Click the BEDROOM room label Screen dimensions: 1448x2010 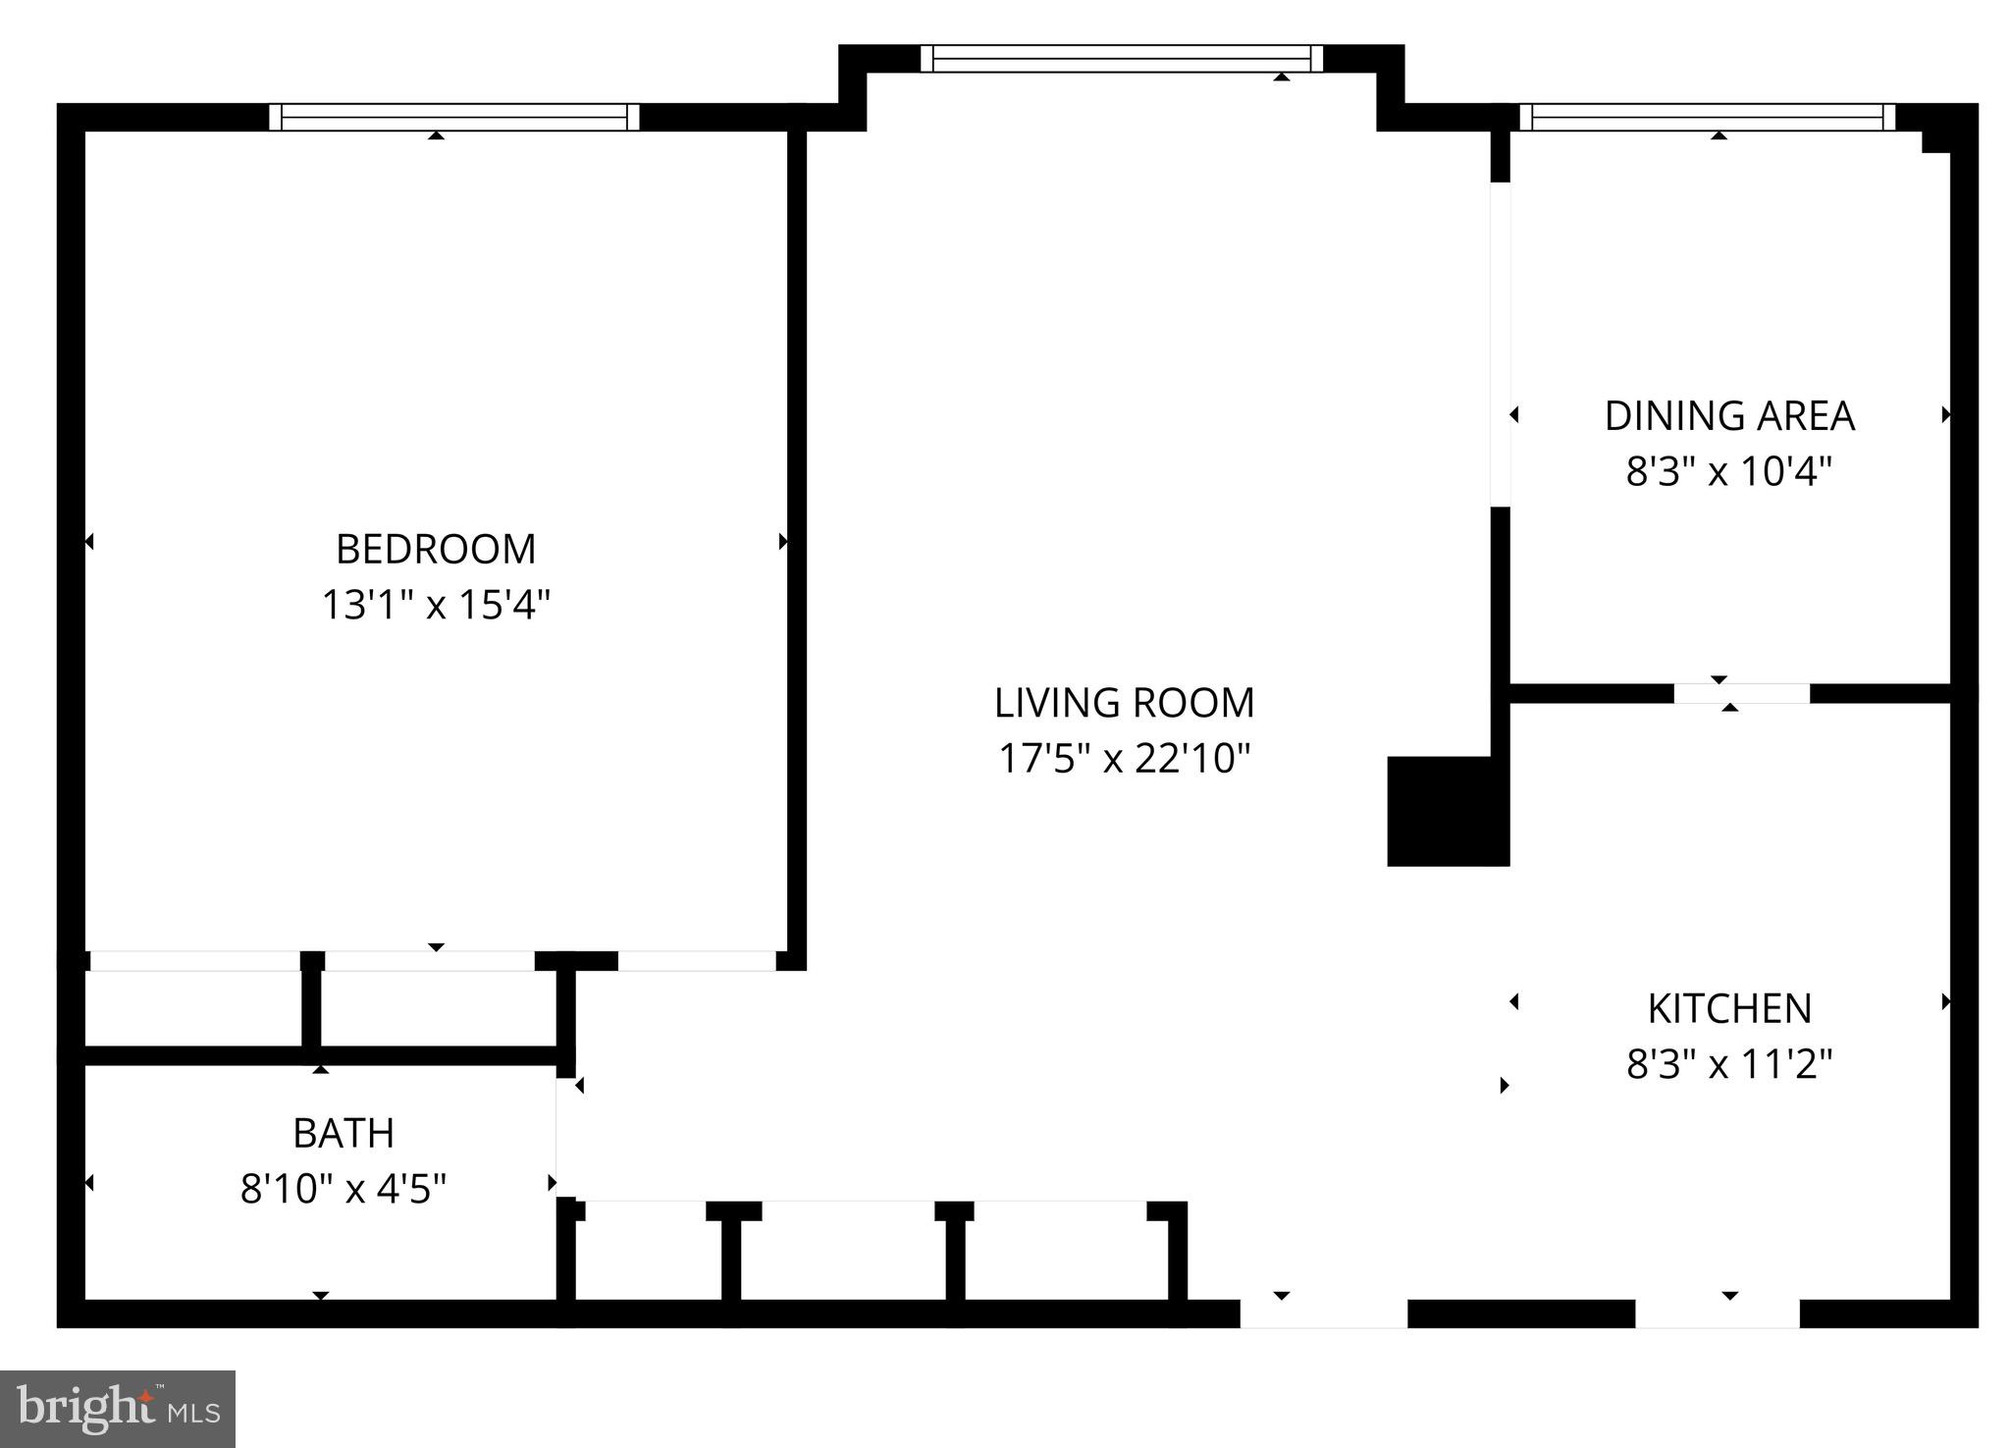(436, 549)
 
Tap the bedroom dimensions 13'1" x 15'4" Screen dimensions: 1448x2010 (436, 605)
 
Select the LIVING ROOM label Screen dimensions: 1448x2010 (1124, 703)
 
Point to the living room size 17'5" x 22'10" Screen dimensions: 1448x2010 (1124, 759)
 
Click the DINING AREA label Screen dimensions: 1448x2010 (1728, 416)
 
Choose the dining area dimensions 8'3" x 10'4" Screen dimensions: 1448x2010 (1728, 472)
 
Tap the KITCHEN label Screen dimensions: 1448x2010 (1728, 1008)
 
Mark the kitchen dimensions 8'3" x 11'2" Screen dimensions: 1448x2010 (1728, 1064)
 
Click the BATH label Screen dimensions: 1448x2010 (344, 1133)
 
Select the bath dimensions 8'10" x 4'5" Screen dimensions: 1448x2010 (344, 1189)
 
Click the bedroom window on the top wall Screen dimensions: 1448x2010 (454, 118)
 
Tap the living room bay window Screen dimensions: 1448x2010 (1122, 59)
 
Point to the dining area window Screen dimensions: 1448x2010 (1708, 118)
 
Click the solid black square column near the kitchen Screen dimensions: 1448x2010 (1447, 811)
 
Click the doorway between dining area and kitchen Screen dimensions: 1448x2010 (1741, 693)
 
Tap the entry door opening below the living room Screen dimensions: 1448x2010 (1323, 1314)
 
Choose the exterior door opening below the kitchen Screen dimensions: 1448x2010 (1717, 1314)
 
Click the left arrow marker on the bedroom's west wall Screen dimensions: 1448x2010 (89, 542)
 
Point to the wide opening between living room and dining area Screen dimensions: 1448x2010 (1500, 344)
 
